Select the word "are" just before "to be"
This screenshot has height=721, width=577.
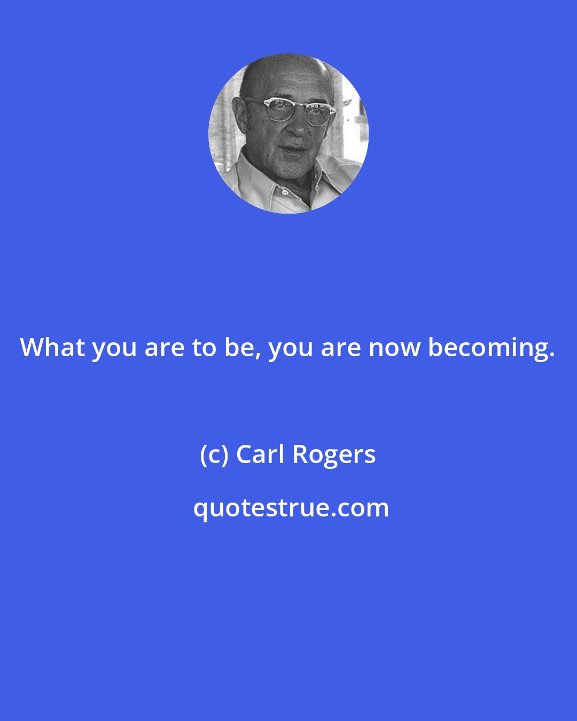[x=165, y=349]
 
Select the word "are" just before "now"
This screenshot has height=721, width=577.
[x=340, y=349]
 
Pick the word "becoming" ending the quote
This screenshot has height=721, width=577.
[x=488, y=349]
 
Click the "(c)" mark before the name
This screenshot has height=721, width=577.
[x=214, y=455]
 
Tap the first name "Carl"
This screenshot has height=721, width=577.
[x=260, y=454]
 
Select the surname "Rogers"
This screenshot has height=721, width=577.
[x=334, y=456]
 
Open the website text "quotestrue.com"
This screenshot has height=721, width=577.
[x=291, y=508]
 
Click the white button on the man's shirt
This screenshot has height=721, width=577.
[x=285, y=191]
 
